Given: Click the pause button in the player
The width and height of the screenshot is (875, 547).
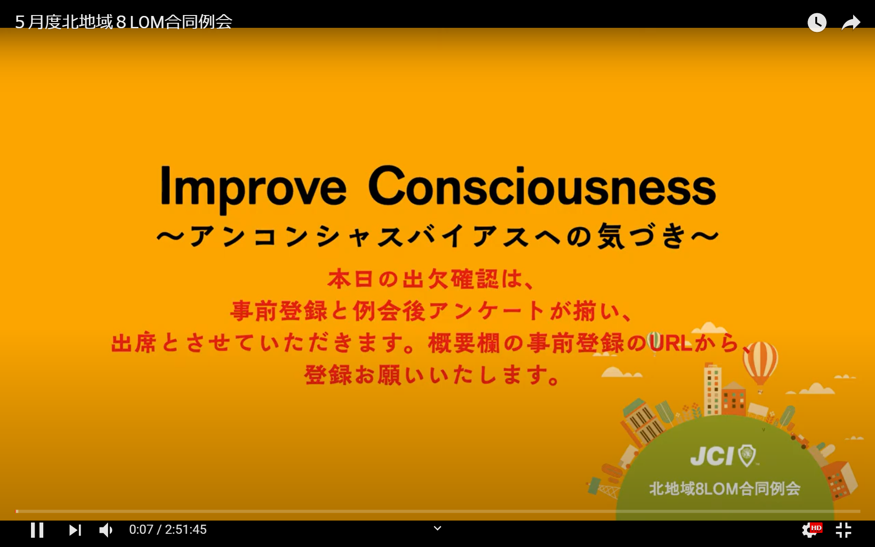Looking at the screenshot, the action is pyautogui.click(x=37, y=530).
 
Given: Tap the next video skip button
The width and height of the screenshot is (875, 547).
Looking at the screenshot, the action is pyautogui.click(x=75, y=530).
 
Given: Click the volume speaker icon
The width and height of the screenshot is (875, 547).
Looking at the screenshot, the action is pyautogui.click(x=106, y=530).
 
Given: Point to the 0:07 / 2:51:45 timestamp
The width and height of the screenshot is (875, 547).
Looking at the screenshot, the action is pyautogui.click(x=168, y=530).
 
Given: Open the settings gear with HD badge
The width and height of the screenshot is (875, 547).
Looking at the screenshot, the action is pyautogui.click(x=811, y=530).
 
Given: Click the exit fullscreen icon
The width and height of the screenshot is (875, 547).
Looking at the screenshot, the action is pyautogui.click(x=844, y=530).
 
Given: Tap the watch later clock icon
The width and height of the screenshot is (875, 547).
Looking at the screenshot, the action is pyautogui.click(x=817, y=22).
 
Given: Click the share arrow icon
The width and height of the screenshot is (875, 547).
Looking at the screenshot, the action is pyautogui.click(x=851, y=22).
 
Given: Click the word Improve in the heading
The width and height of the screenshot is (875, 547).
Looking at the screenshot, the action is pyautogui.click(x=253, y=188).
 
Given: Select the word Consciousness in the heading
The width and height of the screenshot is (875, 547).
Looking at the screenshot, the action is pyautogui.click(x=542, y=186).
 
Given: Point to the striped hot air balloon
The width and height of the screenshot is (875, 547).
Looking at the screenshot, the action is pyautogui.click(x=760, y=365).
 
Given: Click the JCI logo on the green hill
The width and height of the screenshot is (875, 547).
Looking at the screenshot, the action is pyautogui.click(x=723, y=455).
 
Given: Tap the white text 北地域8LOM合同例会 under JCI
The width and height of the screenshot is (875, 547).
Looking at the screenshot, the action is pyautogui.click(x=725, y=489).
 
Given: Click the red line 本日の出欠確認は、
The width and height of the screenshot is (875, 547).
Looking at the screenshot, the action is pyautogui.click(x=431, y=279).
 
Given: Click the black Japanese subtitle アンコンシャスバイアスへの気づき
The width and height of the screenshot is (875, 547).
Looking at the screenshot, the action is pyautogui.click(x=437, y=236).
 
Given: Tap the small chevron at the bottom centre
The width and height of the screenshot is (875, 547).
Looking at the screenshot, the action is pyautogui.click(x=437, y=528).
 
